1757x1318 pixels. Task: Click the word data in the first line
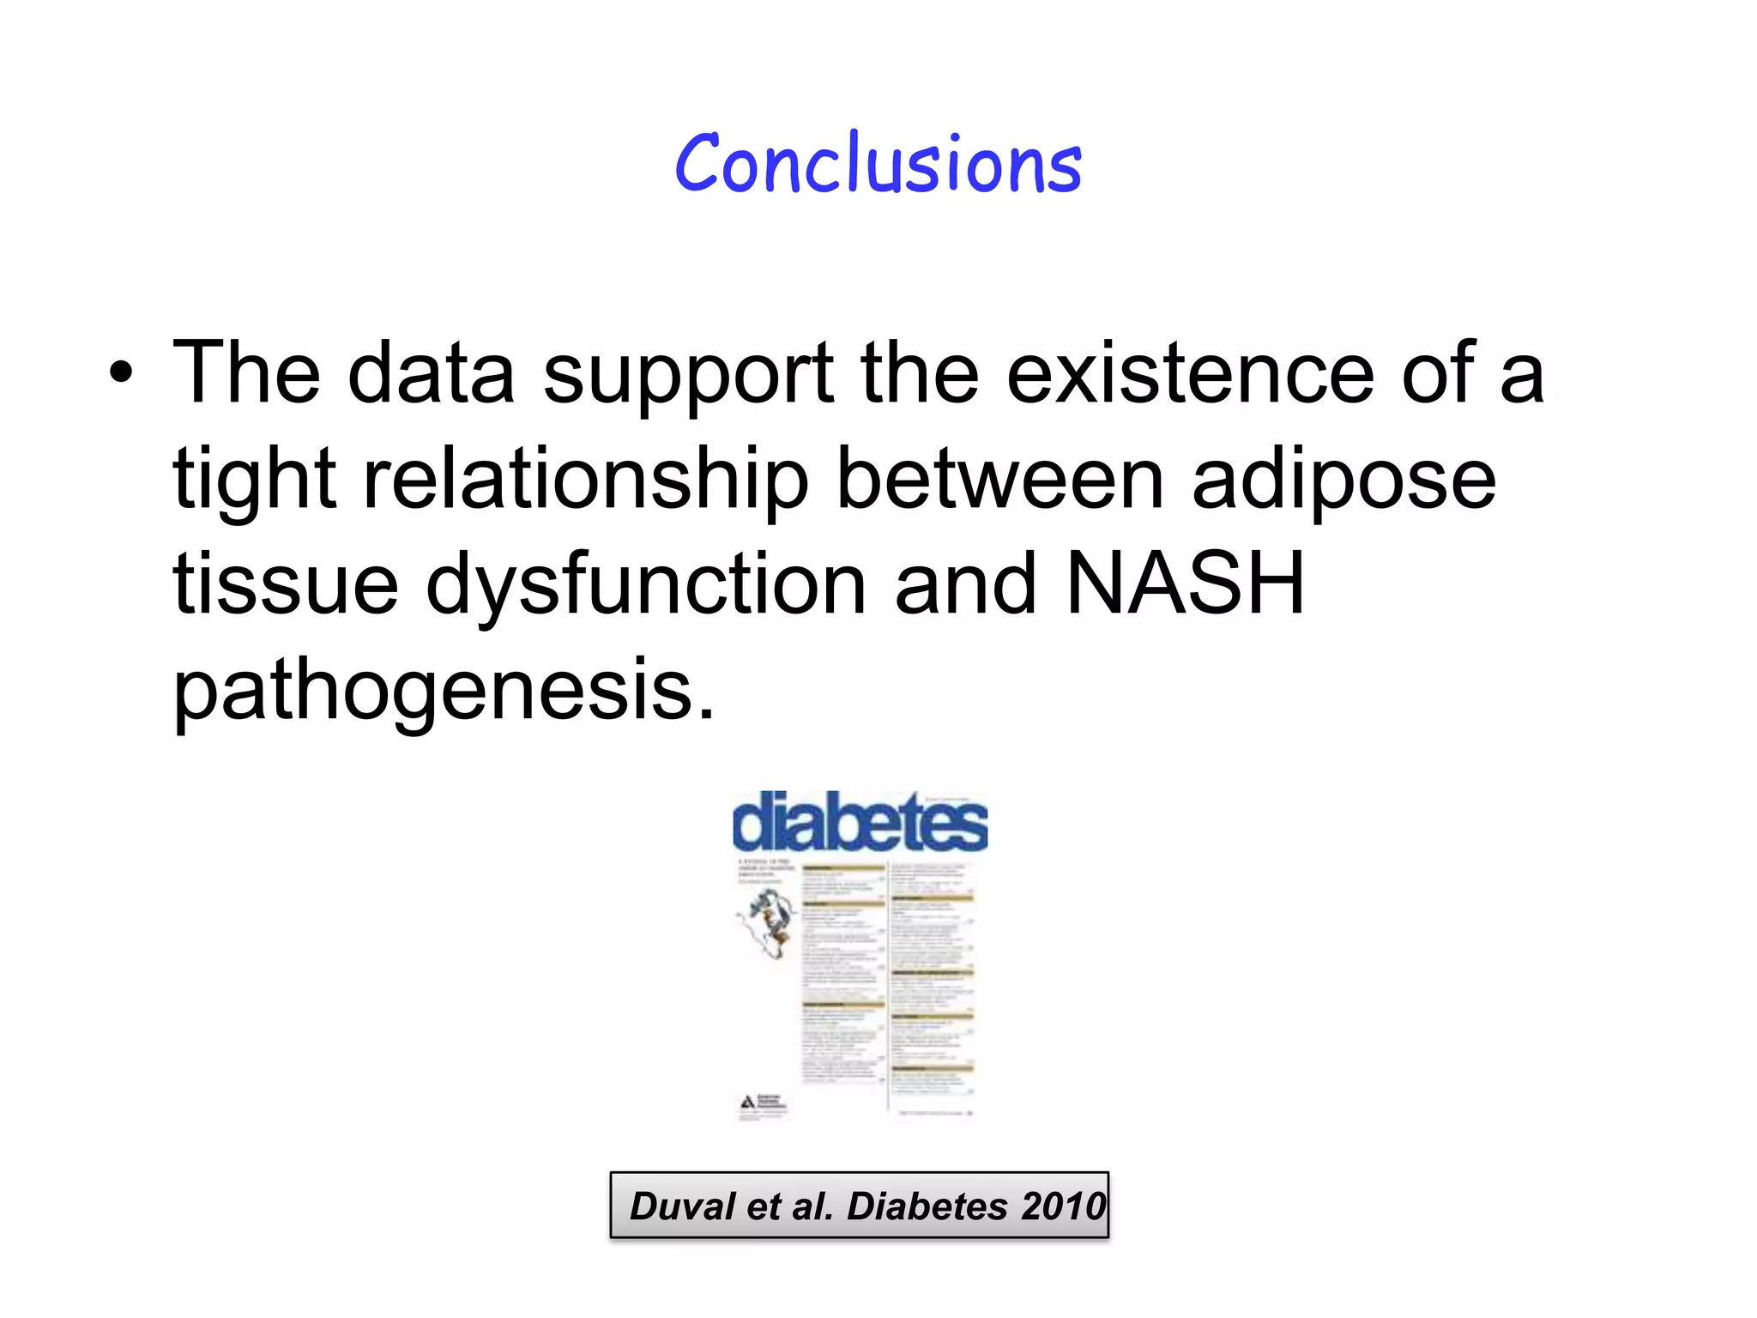(431, 373)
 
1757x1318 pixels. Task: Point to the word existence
(1190, 373)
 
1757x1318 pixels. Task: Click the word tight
(255, 481)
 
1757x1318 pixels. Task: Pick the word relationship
(586, 481)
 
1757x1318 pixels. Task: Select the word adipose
(1344, 481)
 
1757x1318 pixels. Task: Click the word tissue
(286, 585)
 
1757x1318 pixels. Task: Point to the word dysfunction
(646, 587)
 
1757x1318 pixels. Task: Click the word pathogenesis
(444, 692)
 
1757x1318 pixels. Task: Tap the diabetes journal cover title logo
(860, 822)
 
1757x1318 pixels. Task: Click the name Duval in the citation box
(683, 1206)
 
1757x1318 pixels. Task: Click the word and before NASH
(965, 585)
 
